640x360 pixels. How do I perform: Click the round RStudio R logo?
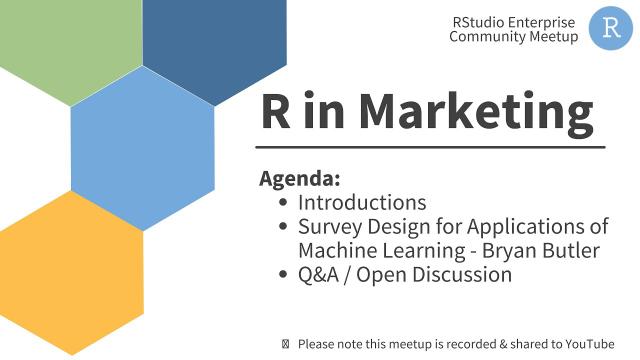610,27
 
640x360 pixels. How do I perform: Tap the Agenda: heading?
300,179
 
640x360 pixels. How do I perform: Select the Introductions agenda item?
361,203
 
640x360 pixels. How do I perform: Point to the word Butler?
564,251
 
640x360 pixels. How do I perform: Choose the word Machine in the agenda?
341,251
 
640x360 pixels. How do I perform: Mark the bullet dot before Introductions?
284,203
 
